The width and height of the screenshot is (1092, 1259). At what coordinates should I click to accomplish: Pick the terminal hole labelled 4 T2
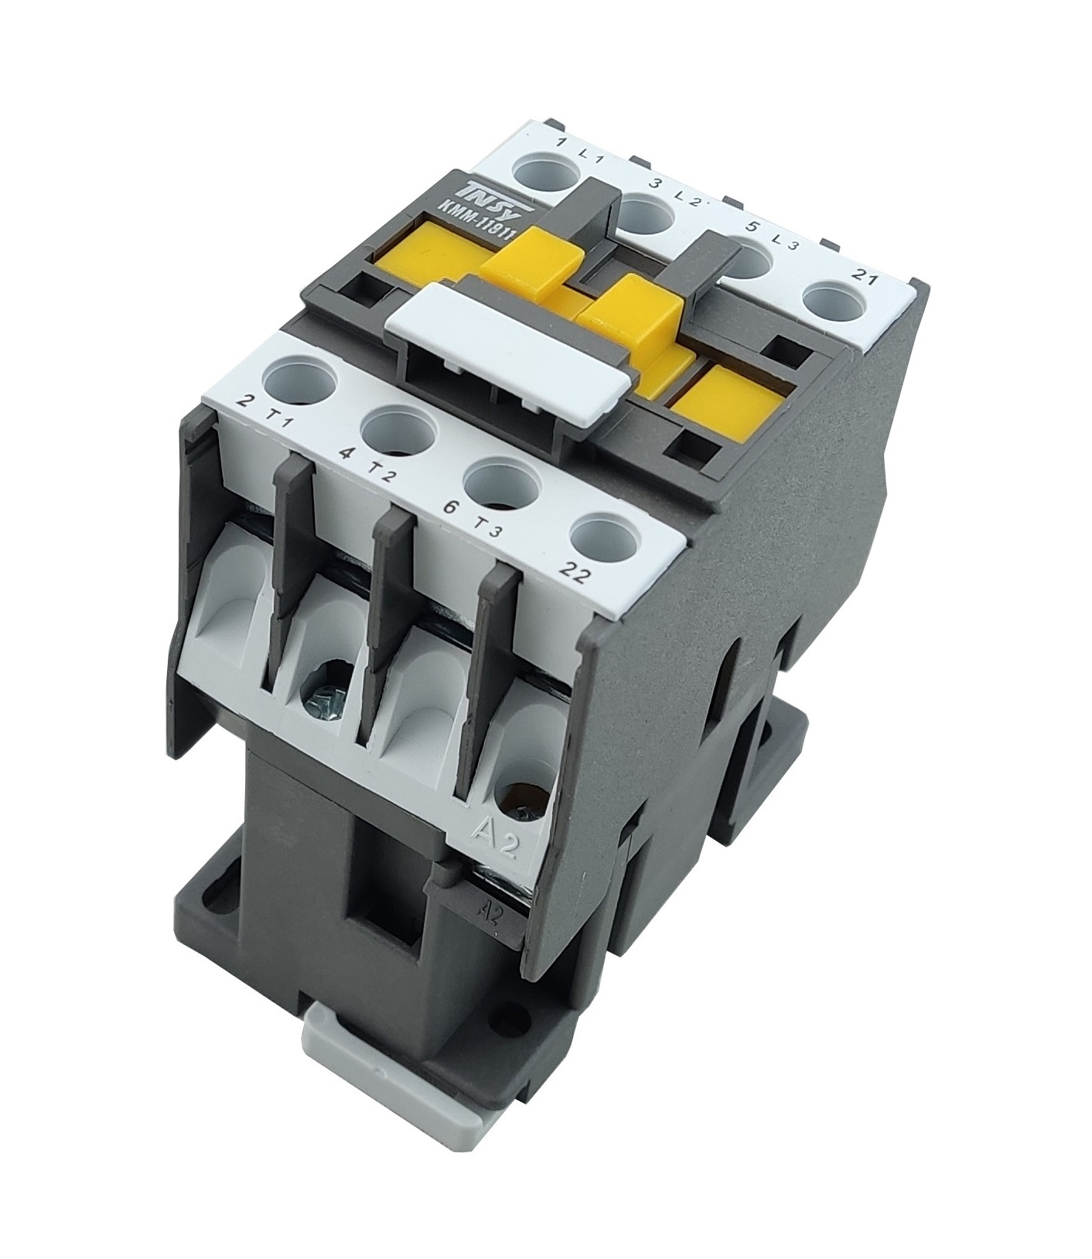coord(394,430)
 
